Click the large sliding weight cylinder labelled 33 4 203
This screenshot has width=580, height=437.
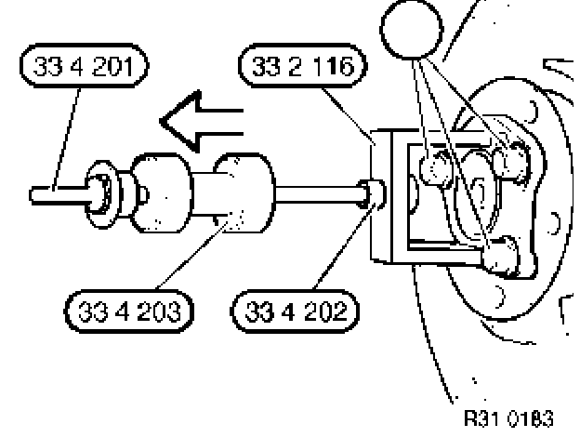(x=243, y=195)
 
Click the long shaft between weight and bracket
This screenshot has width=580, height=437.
(x=316, y=196)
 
